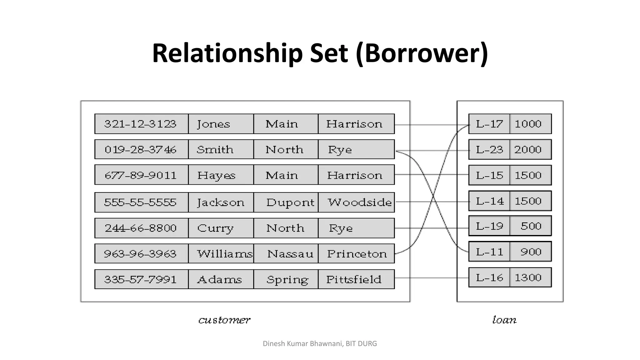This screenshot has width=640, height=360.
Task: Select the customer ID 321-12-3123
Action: click(x=140, y=124)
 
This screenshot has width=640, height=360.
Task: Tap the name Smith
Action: click(x=215, y=150)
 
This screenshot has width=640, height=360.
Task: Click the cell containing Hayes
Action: click(x=216, y=175)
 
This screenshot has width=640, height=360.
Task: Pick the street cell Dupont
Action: click(x=290, y=202)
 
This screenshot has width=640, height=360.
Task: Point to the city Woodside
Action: click(x=359, y=202)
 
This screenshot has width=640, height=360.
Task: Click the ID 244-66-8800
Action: click(x=140, y=228)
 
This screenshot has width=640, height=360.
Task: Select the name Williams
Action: click(x=224, y=254)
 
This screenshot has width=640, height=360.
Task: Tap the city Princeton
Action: click(x=357, y=254)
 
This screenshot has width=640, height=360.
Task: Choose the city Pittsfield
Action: click(x=354, y=279)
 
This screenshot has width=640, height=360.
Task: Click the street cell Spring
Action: click(x=287, y=279)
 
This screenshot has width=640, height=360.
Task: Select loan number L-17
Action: click(x=489, y=124)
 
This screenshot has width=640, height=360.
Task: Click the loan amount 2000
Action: click(x=528, y=150)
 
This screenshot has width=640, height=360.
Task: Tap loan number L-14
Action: click(x=490, y=201)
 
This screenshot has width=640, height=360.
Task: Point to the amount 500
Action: click(x=531, y=226)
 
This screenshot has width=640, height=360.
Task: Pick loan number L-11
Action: click(x=489, y=252)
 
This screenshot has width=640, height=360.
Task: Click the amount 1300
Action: click(x=528, y=277)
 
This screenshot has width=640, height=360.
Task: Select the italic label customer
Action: click(x=224, y=320)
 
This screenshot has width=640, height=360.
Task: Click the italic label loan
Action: click(x=504, y=320)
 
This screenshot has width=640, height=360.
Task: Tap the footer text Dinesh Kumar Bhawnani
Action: click(x=302, y=344)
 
